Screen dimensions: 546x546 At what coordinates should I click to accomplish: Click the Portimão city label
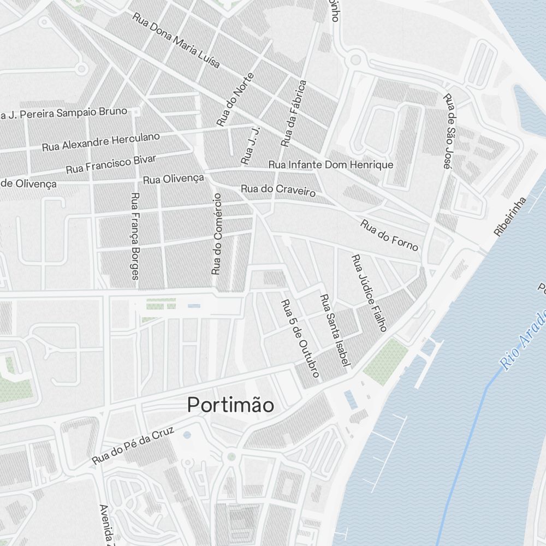230,405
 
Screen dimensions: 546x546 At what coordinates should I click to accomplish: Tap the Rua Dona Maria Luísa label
176,40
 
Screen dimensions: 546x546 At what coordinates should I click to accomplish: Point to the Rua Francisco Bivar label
111,164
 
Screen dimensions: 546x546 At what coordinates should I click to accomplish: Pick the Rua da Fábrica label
294,114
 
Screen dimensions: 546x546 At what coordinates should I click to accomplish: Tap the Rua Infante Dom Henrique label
330,165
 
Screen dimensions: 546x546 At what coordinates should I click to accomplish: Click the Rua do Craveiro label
278,191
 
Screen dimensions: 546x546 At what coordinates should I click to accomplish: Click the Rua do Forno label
389,235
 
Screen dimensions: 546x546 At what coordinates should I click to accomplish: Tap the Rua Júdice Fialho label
369,293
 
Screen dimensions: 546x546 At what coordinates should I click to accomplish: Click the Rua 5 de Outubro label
300,338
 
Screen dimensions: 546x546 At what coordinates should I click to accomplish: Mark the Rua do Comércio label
217,233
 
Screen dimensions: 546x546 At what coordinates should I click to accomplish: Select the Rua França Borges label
135,236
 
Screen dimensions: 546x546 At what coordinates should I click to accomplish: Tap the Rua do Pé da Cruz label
133,446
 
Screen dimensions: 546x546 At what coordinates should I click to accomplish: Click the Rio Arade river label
524,339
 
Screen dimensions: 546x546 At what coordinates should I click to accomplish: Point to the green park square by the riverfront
385,361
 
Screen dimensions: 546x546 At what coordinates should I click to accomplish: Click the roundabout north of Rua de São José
356,58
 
